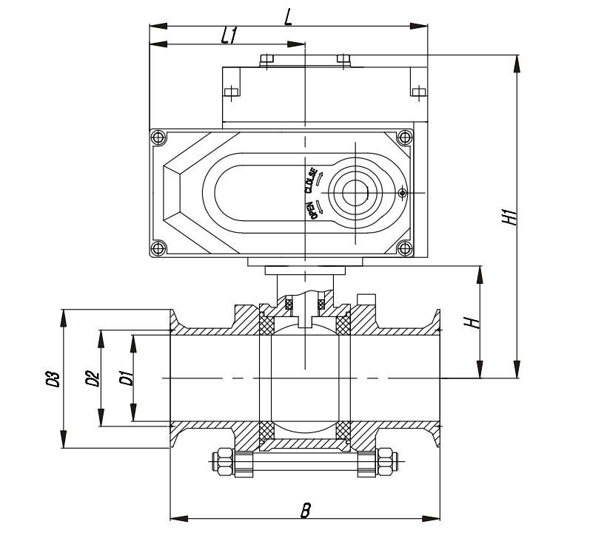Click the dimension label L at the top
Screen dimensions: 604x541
(x=288, y=17)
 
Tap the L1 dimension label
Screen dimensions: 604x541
(x=229, y=35)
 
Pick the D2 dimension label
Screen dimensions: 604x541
(x=93, y=378)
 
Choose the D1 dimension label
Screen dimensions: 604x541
(x=127, y=378)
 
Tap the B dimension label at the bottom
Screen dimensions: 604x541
(x=306, y=510)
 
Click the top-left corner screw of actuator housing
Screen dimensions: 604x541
(x=158, y=137)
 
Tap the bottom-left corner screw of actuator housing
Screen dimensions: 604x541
(x=158, y=248)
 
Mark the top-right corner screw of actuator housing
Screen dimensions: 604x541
(x=404, y=137)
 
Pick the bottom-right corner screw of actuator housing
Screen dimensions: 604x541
(x=404, y=248)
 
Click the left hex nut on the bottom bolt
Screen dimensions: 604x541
(x=225, y=462)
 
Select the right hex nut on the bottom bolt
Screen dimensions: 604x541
(x=385, y=462)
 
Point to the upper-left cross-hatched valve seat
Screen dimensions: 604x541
(x=266, y=325)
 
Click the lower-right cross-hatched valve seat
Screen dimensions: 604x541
(x=343, y=431)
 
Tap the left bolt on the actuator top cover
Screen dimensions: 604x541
(x=266, y=59)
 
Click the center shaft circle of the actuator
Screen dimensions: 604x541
(x=355, y=193)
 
